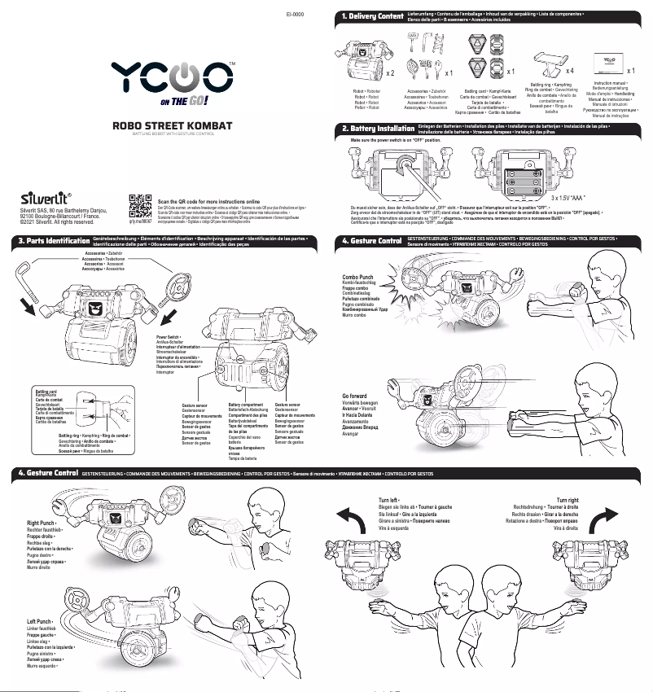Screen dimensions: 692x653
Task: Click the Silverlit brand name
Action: point(47,197)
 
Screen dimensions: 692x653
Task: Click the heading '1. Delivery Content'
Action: point(373,17)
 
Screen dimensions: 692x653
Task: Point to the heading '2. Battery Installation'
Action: point(378,129)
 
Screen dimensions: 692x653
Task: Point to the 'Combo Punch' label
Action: point(359,277)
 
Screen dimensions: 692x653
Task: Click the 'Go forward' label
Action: point(354,396)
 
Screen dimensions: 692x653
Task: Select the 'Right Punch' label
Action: point(41,523)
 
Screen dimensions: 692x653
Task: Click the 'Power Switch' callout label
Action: point(168,336)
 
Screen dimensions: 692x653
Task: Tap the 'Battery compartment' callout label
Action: point(246,405)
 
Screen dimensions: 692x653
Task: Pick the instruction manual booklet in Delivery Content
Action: point(607,60)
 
